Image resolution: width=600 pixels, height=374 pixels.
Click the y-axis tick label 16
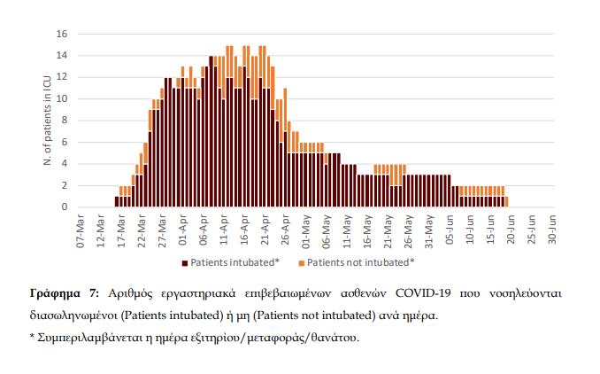click(63, 34)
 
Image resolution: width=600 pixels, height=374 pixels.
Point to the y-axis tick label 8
click(65, 121)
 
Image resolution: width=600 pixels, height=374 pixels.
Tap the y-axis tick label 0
click(65, 207)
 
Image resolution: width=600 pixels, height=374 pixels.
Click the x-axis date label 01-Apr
click(181, 229)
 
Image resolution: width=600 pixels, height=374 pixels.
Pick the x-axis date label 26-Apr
click(285, 229)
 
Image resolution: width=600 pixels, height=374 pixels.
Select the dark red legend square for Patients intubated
click(186, 262)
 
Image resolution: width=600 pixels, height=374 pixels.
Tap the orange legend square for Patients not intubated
click(301, 262)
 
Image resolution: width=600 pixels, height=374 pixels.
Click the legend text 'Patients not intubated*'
click(361, 262)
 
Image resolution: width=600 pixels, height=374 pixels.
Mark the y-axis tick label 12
click(63, 77)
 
